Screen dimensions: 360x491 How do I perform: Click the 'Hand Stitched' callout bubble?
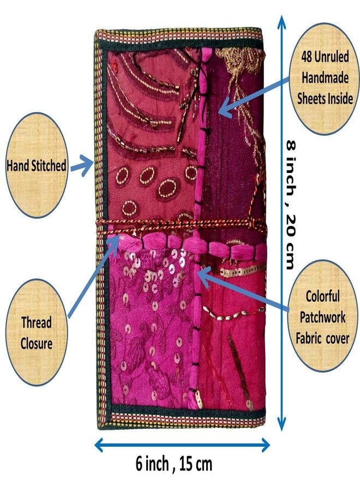[37, 165]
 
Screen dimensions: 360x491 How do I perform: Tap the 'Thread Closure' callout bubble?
[37, 332]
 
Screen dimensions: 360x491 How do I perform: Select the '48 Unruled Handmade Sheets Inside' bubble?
[325, 78]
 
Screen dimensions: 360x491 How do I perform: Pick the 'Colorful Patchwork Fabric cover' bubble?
[323, 316]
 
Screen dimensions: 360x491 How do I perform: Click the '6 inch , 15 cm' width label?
[174, 464]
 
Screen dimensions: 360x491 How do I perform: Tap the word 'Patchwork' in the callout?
[323, 317]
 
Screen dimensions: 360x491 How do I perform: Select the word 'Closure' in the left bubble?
[37, 344]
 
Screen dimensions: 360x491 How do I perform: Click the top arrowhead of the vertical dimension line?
[282, 22]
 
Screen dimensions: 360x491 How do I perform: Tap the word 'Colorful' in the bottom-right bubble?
[323, 296]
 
